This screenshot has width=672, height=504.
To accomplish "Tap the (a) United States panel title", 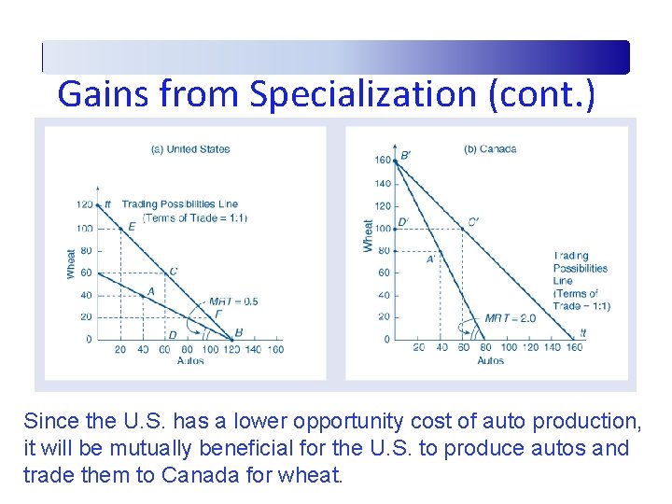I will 190,149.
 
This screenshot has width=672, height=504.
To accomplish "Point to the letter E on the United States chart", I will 131,225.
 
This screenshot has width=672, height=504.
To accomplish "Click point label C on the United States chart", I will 174,272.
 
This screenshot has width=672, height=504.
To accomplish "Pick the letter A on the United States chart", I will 150,292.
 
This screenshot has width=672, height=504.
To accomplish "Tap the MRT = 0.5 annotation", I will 233,301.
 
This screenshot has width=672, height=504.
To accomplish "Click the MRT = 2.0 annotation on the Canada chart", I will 510,318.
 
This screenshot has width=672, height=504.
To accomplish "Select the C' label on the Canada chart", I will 473,222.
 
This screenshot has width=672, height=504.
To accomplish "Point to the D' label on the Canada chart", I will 403,222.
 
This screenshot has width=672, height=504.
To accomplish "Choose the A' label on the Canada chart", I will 431,259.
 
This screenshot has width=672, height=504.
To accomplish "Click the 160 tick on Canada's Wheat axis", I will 383,161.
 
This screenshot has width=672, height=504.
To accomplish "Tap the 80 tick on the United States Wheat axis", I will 86,250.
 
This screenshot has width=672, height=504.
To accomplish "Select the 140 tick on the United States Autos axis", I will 254,349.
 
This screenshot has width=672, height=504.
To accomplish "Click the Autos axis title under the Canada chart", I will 490,360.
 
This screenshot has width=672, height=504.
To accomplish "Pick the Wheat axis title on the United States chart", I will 71,262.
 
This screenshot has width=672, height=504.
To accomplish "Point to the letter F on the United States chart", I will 217,315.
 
